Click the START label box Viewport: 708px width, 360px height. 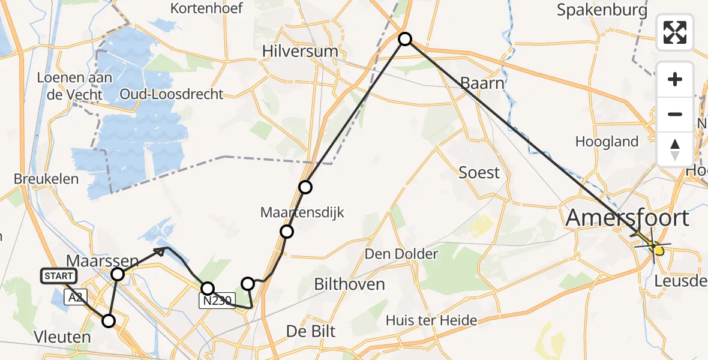[x=59, y=276]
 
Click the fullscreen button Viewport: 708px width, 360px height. [x=675, y=32]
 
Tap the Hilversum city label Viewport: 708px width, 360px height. [x=300, y=52]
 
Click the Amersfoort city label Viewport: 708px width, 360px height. [x=628, y=218]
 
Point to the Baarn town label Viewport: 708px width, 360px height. [x=482, y=83]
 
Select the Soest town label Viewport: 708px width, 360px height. [x=479, y=173]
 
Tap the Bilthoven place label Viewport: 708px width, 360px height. [x=350, y=284]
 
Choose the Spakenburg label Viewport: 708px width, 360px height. [x=602, y=10]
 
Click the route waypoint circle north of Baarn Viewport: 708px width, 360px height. [x=406, y=39]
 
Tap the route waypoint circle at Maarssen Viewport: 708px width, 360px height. [x=118, y=274]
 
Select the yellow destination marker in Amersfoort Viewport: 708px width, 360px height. [x=658, y=249]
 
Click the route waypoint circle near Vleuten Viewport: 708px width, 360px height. [x=109, y=321]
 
